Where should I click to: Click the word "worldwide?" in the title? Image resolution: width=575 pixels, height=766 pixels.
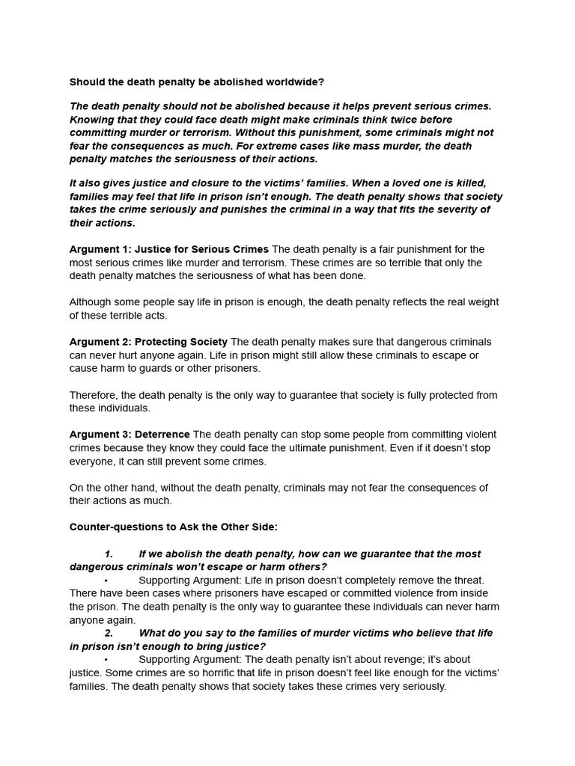click(x=297, y=82)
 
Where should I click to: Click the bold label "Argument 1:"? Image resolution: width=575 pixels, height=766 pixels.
click(x=100, y=249)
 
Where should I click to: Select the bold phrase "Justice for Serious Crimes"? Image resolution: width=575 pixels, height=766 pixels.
click(x=201, y=249)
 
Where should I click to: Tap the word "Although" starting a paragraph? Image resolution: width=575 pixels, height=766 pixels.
click(x=91, y=302)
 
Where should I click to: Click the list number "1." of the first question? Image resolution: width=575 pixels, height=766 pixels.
click(x=109, y=554)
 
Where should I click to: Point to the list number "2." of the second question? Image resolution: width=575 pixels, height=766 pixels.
click(x=109, y=633)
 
